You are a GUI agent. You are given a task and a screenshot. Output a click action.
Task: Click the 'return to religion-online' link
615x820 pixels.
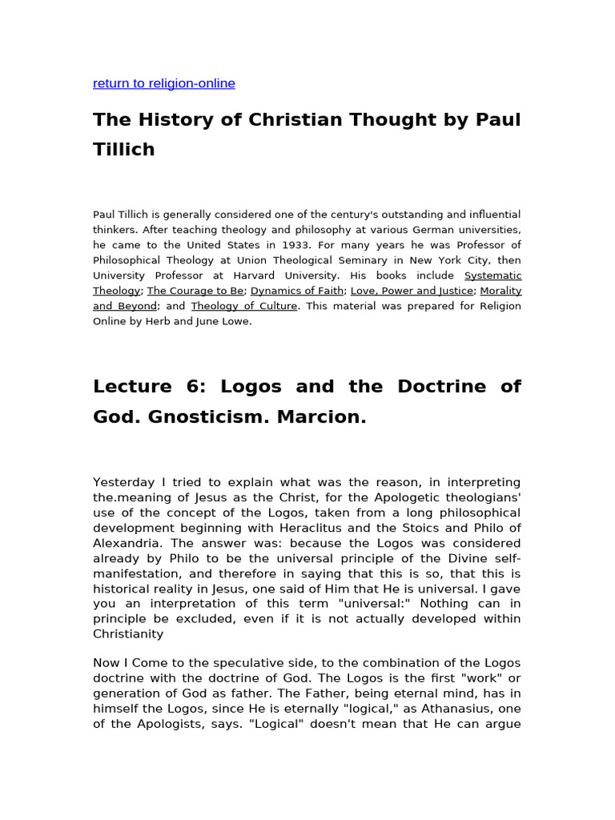pyautogui.click(x=163, y=83)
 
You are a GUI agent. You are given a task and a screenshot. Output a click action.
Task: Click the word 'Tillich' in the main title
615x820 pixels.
pyautogui.click(x=123, y=149)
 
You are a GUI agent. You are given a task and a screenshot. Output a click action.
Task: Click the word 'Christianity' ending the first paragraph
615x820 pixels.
pyautogui.click(x=128, y=634)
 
